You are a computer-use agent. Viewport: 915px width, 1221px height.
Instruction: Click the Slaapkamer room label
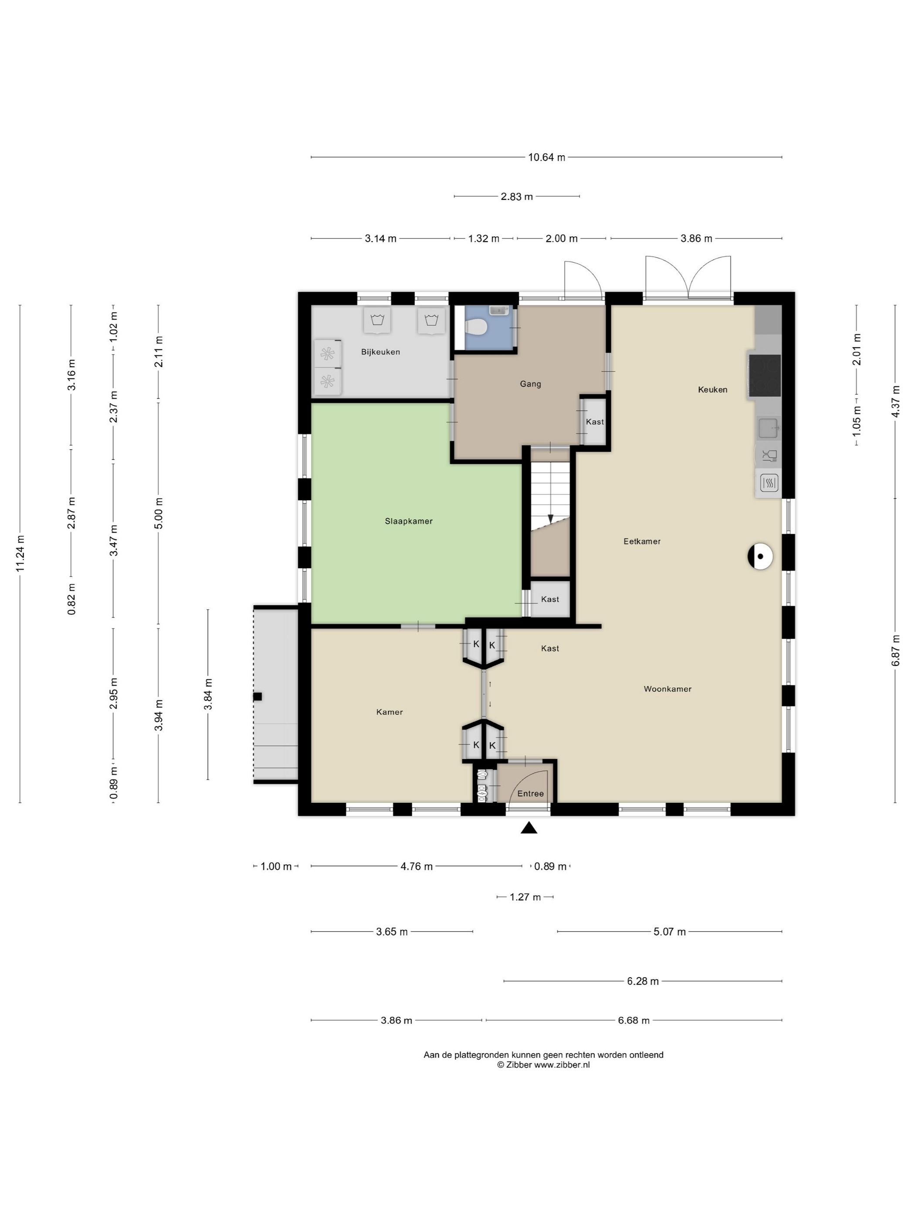pyautogui.click(x=409, y=521)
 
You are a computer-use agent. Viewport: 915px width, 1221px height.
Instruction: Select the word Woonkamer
pyautogui.click(x=668, y=689)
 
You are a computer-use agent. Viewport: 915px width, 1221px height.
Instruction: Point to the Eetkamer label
pyautogui.click(x=642, y=542)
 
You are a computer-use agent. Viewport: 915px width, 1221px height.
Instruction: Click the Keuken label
pyautogui.click(x=712, y=390)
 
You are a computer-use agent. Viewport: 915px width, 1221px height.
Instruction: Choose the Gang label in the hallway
pyautogui.click(x=531, y=384)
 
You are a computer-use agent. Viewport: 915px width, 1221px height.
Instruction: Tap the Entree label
pyautogui.click(x=531, y=794)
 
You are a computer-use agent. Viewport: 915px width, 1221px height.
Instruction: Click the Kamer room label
pyautogui.click(x=390, y=712)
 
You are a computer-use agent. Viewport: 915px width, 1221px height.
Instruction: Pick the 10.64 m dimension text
pyautogui.click(x=546, y=157)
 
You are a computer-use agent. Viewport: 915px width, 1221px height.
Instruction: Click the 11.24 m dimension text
pyautogui.click(x=20, y=554)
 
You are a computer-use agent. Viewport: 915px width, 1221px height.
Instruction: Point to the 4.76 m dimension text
pyautogui.click(x=417, y=866)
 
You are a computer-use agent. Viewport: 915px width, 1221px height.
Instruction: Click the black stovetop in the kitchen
pyautogui.click(x=765, y=375)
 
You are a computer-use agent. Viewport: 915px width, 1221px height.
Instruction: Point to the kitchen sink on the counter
pyautogui.click(x=768, y=428)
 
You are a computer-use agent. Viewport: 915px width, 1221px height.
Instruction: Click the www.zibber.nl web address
pyautogui.click(x=562, y=1065)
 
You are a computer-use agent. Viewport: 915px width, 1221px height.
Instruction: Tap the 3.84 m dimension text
pyautogui.click(x=208, y=694)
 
